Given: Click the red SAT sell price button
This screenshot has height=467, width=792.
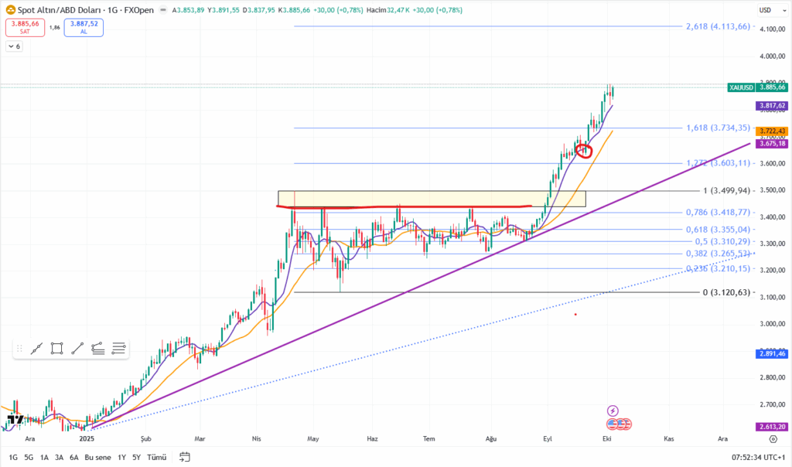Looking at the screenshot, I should click(x=25, y=28).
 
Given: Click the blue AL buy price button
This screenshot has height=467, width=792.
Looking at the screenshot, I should click(x=84, y=28).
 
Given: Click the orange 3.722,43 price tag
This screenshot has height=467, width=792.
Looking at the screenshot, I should click(x=772, y=131).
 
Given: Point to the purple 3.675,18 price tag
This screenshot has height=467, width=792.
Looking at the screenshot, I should click(x=772, y=144).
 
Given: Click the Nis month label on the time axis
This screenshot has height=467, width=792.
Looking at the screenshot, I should click(x=257, y=438).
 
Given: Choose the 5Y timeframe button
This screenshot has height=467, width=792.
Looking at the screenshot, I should click(x=136, y=457).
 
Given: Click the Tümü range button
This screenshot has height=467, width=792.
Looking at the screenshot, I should click(x=157, y=457).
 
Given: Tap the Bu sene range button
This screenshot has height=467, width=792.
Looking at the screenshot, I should click(x=98, y=457).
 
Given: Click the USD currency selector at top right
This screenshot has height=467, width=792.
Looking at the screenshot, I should click(x=766, y=10).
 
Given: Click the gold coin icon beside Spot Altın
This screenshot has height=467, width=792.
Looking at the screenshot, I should click(x=10, y=10).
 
